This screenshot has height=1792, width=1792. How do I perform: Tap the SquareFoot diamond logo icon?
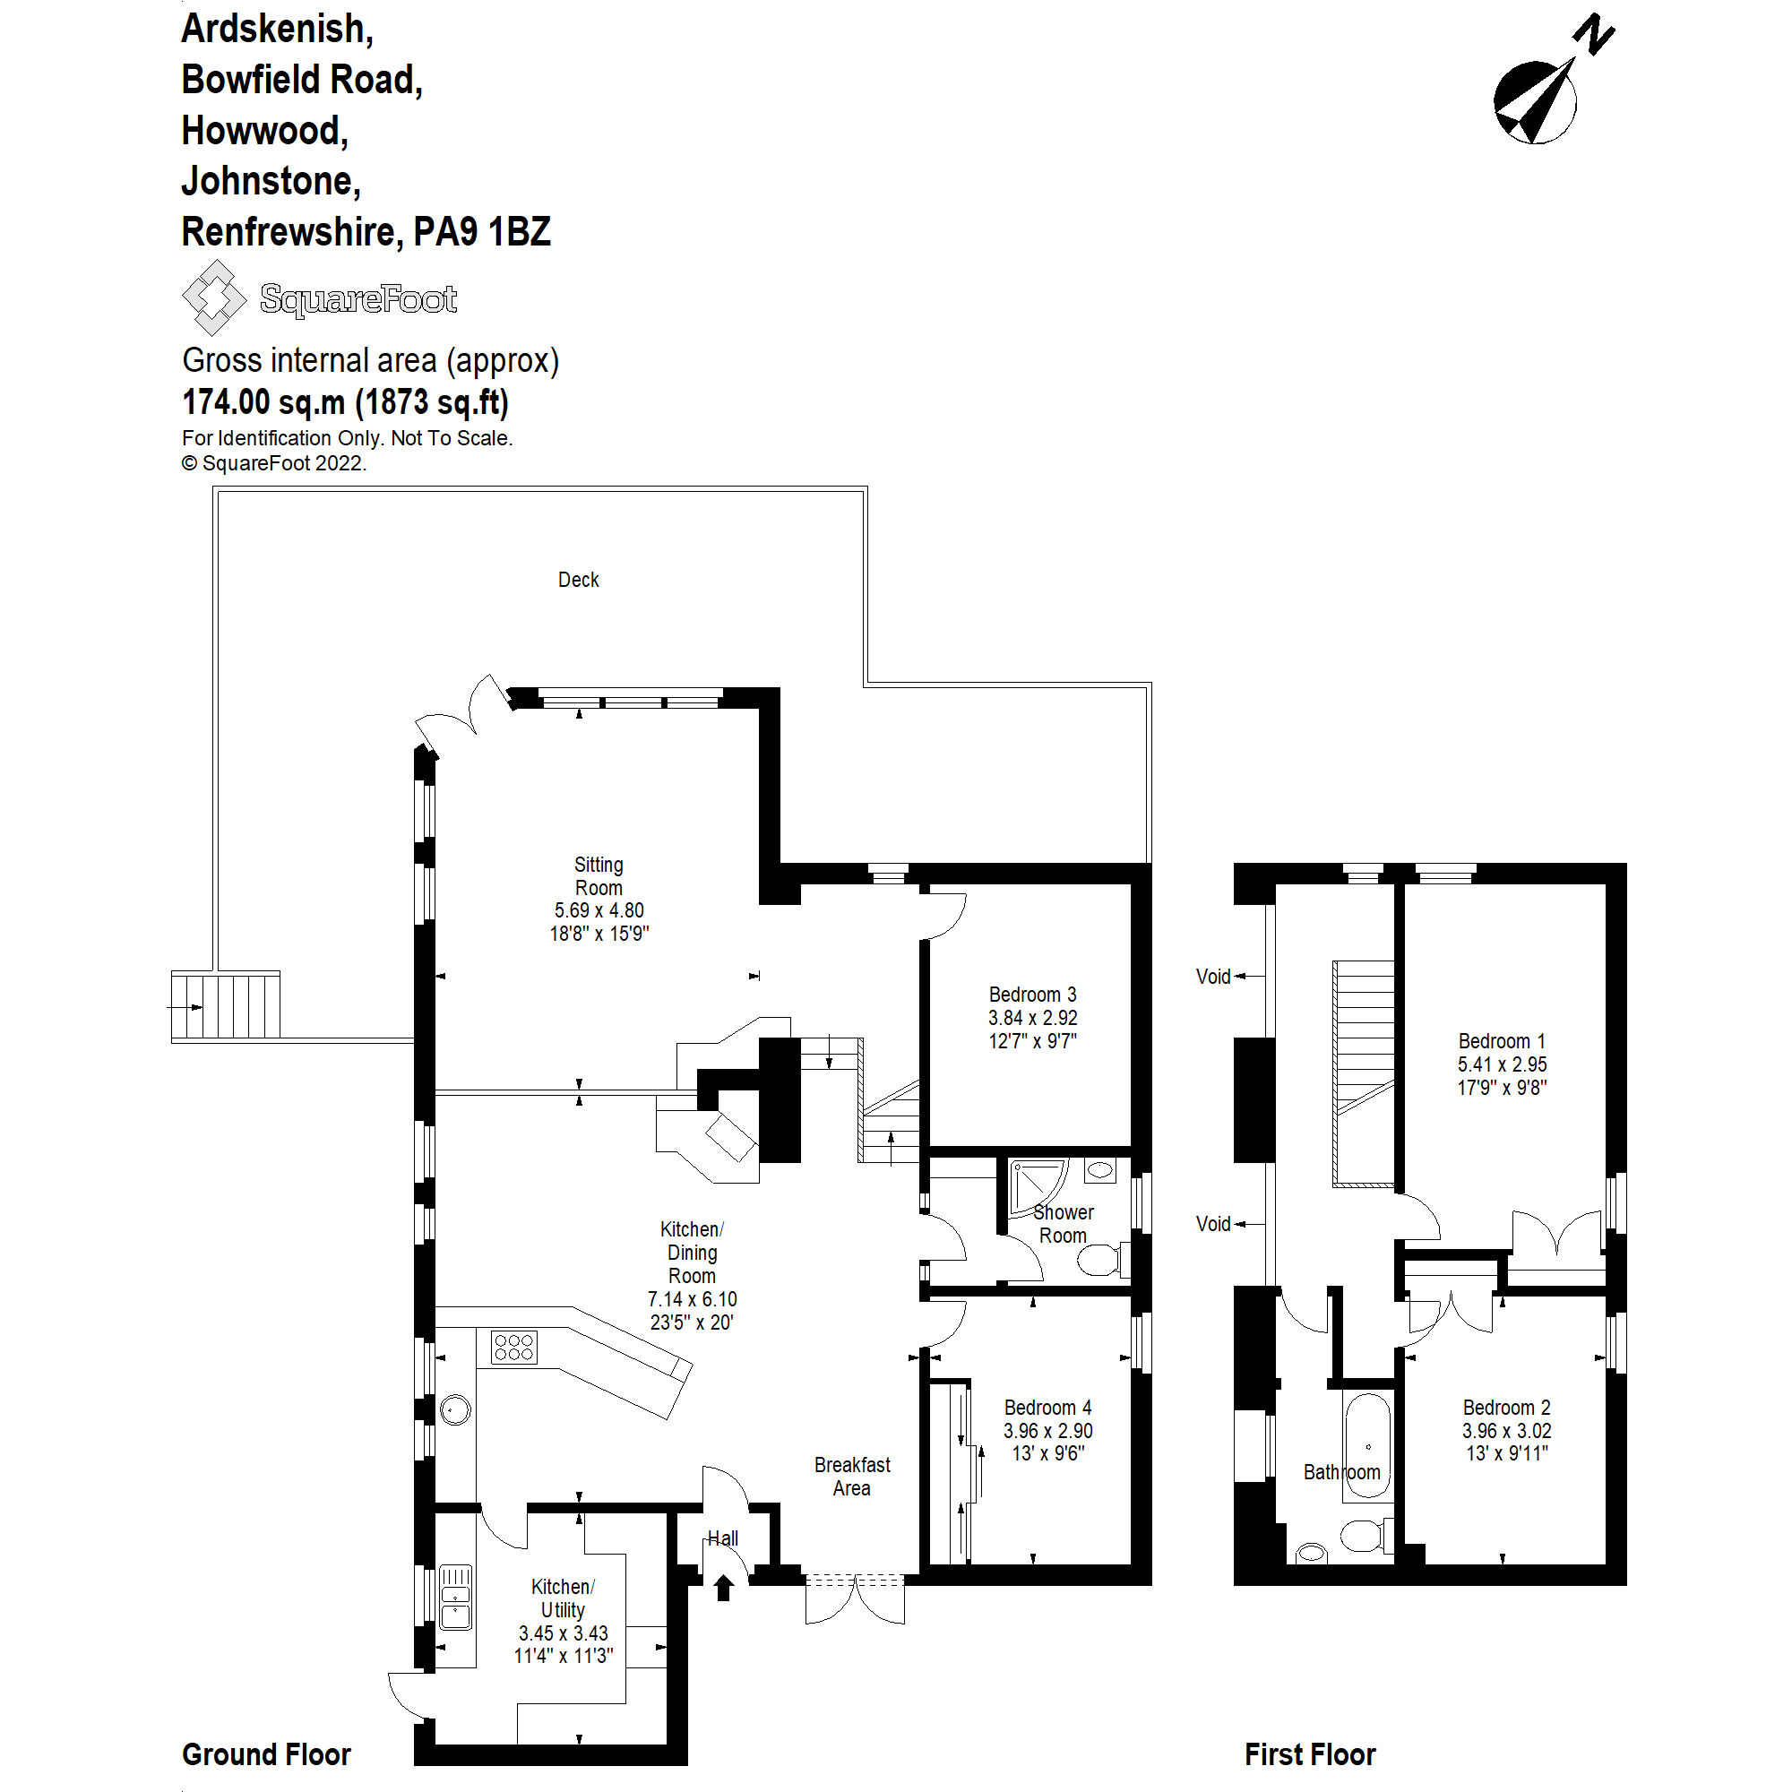tap(214, 297)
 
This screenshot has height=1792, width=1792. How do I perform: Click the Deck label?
tap(578, 580)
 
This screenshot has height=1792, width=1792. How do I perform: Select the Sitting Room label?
tap(599, 875)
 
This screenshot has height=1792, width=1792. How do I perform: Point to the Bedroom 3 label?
tap(1032, 995)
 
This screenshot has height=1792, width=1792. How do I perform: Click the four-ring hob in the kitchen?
tap(513, 1347)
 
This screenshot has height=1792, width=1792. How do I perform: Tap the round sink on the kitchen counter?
tap(454, 1409)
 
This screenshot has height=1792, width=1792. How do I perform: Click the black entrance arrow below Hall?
tap(723, 1588)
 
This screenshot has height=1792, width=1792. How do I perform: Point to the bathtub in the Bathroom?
tap(1367, 1446)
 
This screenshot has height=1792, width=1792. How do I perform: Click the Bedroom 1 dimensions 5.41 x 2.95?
tap(1502, 1064)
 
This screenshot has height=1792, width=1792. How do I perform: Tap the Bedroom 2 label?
tap(1506, 1407)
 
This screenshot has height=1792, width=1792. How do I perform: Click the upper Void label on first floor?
tap(1213, 976)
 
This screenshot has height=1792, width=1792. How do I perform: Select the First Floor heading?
tap(1310, 1754)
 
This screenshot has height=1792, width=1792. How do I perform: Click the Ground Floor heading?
tap(266, 1754)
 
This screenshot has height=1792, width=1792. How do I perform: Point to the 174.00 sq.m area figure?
tap(263, 401)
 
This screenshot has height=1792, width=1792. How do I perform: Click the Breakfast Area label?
tap(851, 1476)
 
